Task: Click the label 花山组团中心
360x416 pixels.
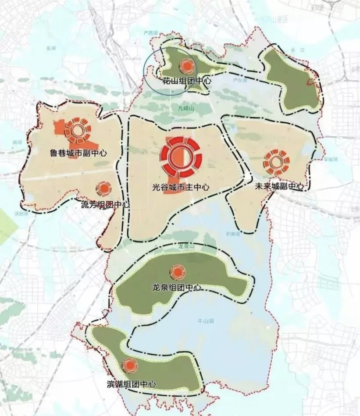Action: pyautogui.click(x=181, y=81)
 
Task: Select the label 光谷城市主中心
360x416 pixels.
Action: pyautogui.click(x=180, y=187)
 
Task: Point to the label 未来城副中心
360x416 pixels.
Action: pyautogui.click(x=279, y=186)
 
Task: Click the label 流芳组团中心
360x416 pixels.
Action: pyautogui.click(x=105, y=204)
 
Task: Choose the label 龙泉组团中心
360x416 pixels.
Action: pyautogui.click(x=177, y=288)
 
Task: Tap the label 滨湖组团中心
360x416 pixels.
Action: pyautogui.click(x=131, y=384)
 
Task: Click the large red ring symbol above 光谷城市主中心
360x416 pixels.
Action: pyautogui.click(x=180, y=156)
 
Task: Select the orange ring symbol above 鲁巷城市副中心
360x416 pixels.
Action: pyautogui.click(x=78, y=129)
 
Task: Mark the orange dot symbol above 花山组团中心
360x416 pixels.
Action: pyautogui.click(x=187, y=66)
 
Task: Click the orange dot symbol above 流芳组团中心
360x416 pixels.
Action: pyautogui.click(x=104, y=189)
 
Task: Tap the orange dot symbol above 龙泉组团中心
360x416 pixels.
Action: pyautogui.click(x=178, y=272)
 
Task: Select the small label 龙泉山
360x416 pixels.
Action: pyautogui.click(x=183, y=247)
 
